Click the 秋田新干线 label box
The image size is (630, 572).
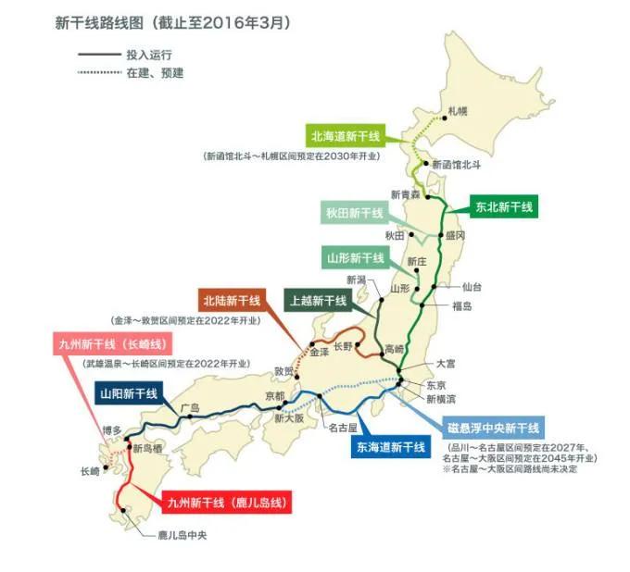pyautogui.click(x=354, y=214)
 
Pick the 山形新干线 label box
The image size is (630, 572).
pyautogui.click(x=355, y=257)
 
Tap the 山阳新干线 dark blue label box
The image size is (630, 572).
pyautogui.click(x=129, y=392)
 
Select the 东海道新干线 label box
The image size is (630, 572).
pyautogui.click(x=390, y=447)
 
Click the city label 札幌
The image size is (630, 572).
pyautogui.click(x=458, y=110)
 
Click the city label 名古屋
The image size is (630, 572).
pyautogui.click(x=344, y=429)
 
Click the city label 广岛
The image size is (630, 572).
pyautogui.click(x=190, y=407)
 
